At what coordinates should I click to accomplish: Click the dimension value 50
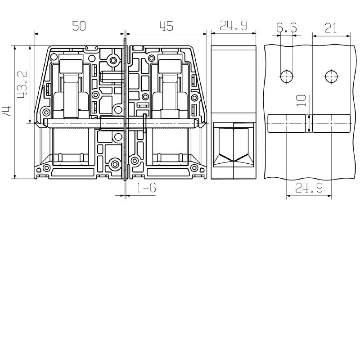79,26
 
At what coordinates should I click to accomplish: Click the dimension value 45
166,26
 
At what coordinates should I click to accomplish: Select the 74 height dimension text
7,112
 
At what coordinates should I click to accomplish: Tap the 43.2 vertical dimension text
22,84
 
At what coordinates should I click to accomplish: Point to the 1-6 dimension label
146,188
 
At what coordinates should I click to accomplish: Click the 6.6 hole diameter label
286,27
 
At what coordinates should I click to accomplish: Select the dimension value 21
331,28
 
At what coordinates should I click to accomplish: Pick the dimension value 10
301,100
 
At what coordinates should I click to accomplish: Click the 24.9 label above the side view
234,26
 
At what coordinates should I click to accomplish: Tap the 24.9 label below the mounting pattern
309,188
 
